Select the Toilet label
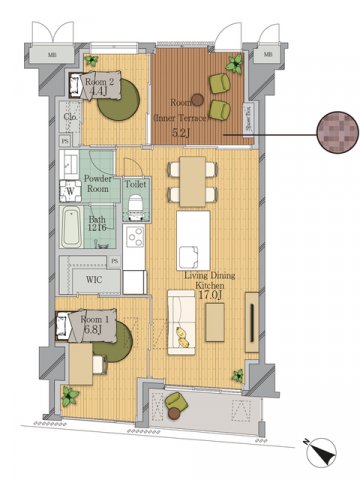(x=136, y=184)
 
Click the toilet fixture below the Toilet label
(x=134, y=205)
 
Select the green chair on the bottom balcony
(x=176, y=404)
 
